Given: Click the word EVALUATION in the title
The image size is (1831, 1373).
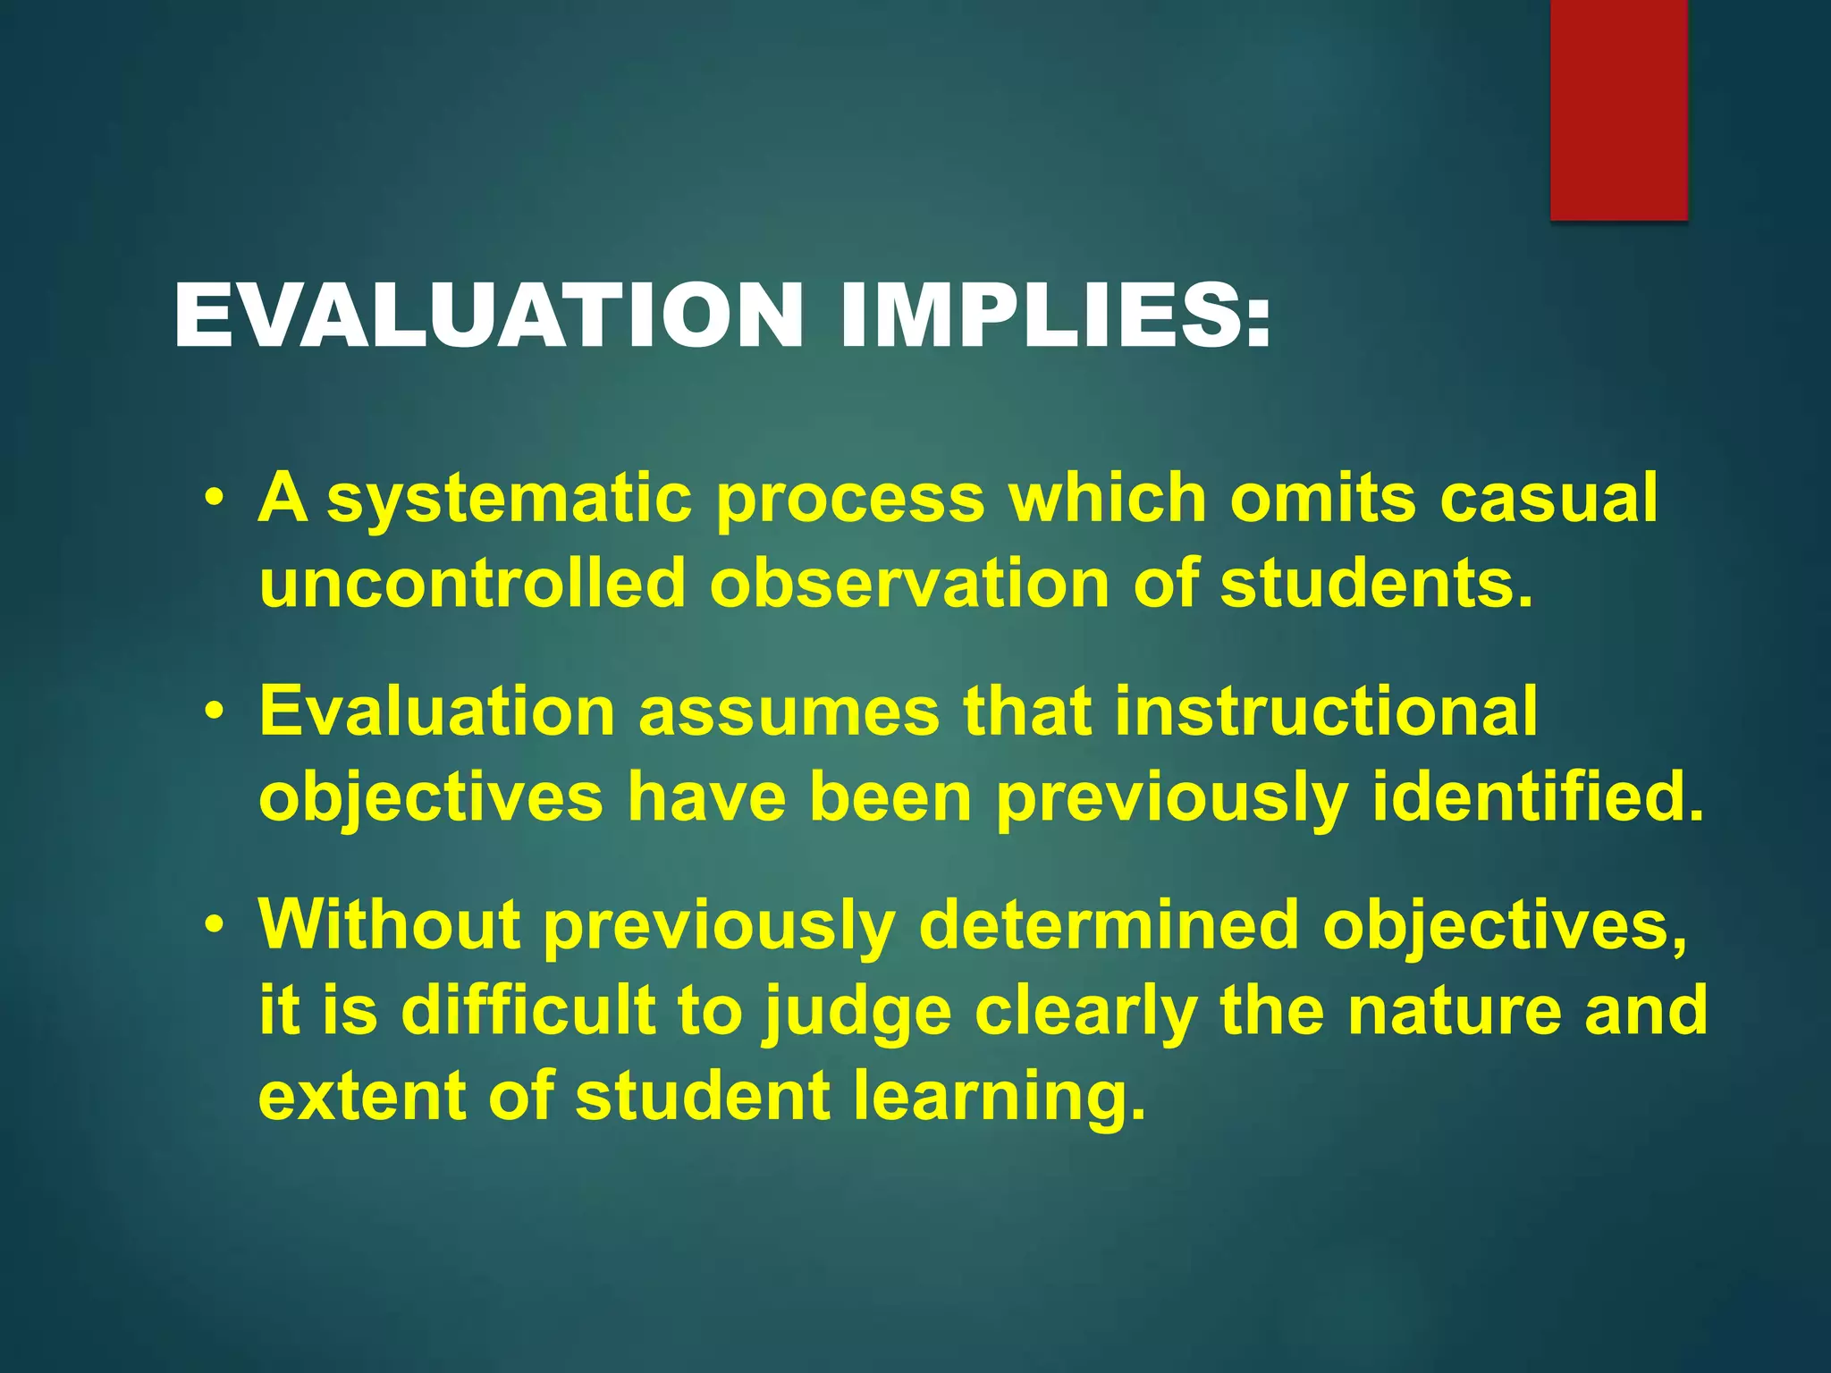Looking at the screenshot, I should [x=488, y=316].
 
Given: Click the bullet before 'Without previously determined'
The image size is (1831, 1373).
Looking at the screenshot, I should [x=213, y=925].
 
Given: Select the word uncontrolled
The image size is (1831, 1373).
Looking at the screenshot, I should [x=471, y=583].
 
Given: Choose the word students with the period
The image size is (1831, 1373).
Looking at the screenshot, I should [x=1378, y=583].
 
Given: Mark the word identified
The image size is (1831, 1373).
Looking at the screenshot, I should [x=1538, y=797].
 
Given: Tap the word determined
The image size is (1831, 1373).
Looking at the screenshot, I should [x=1108, y=925].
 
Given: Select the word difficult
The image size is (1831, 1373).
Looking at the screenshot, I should [x=528, y=1010].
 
